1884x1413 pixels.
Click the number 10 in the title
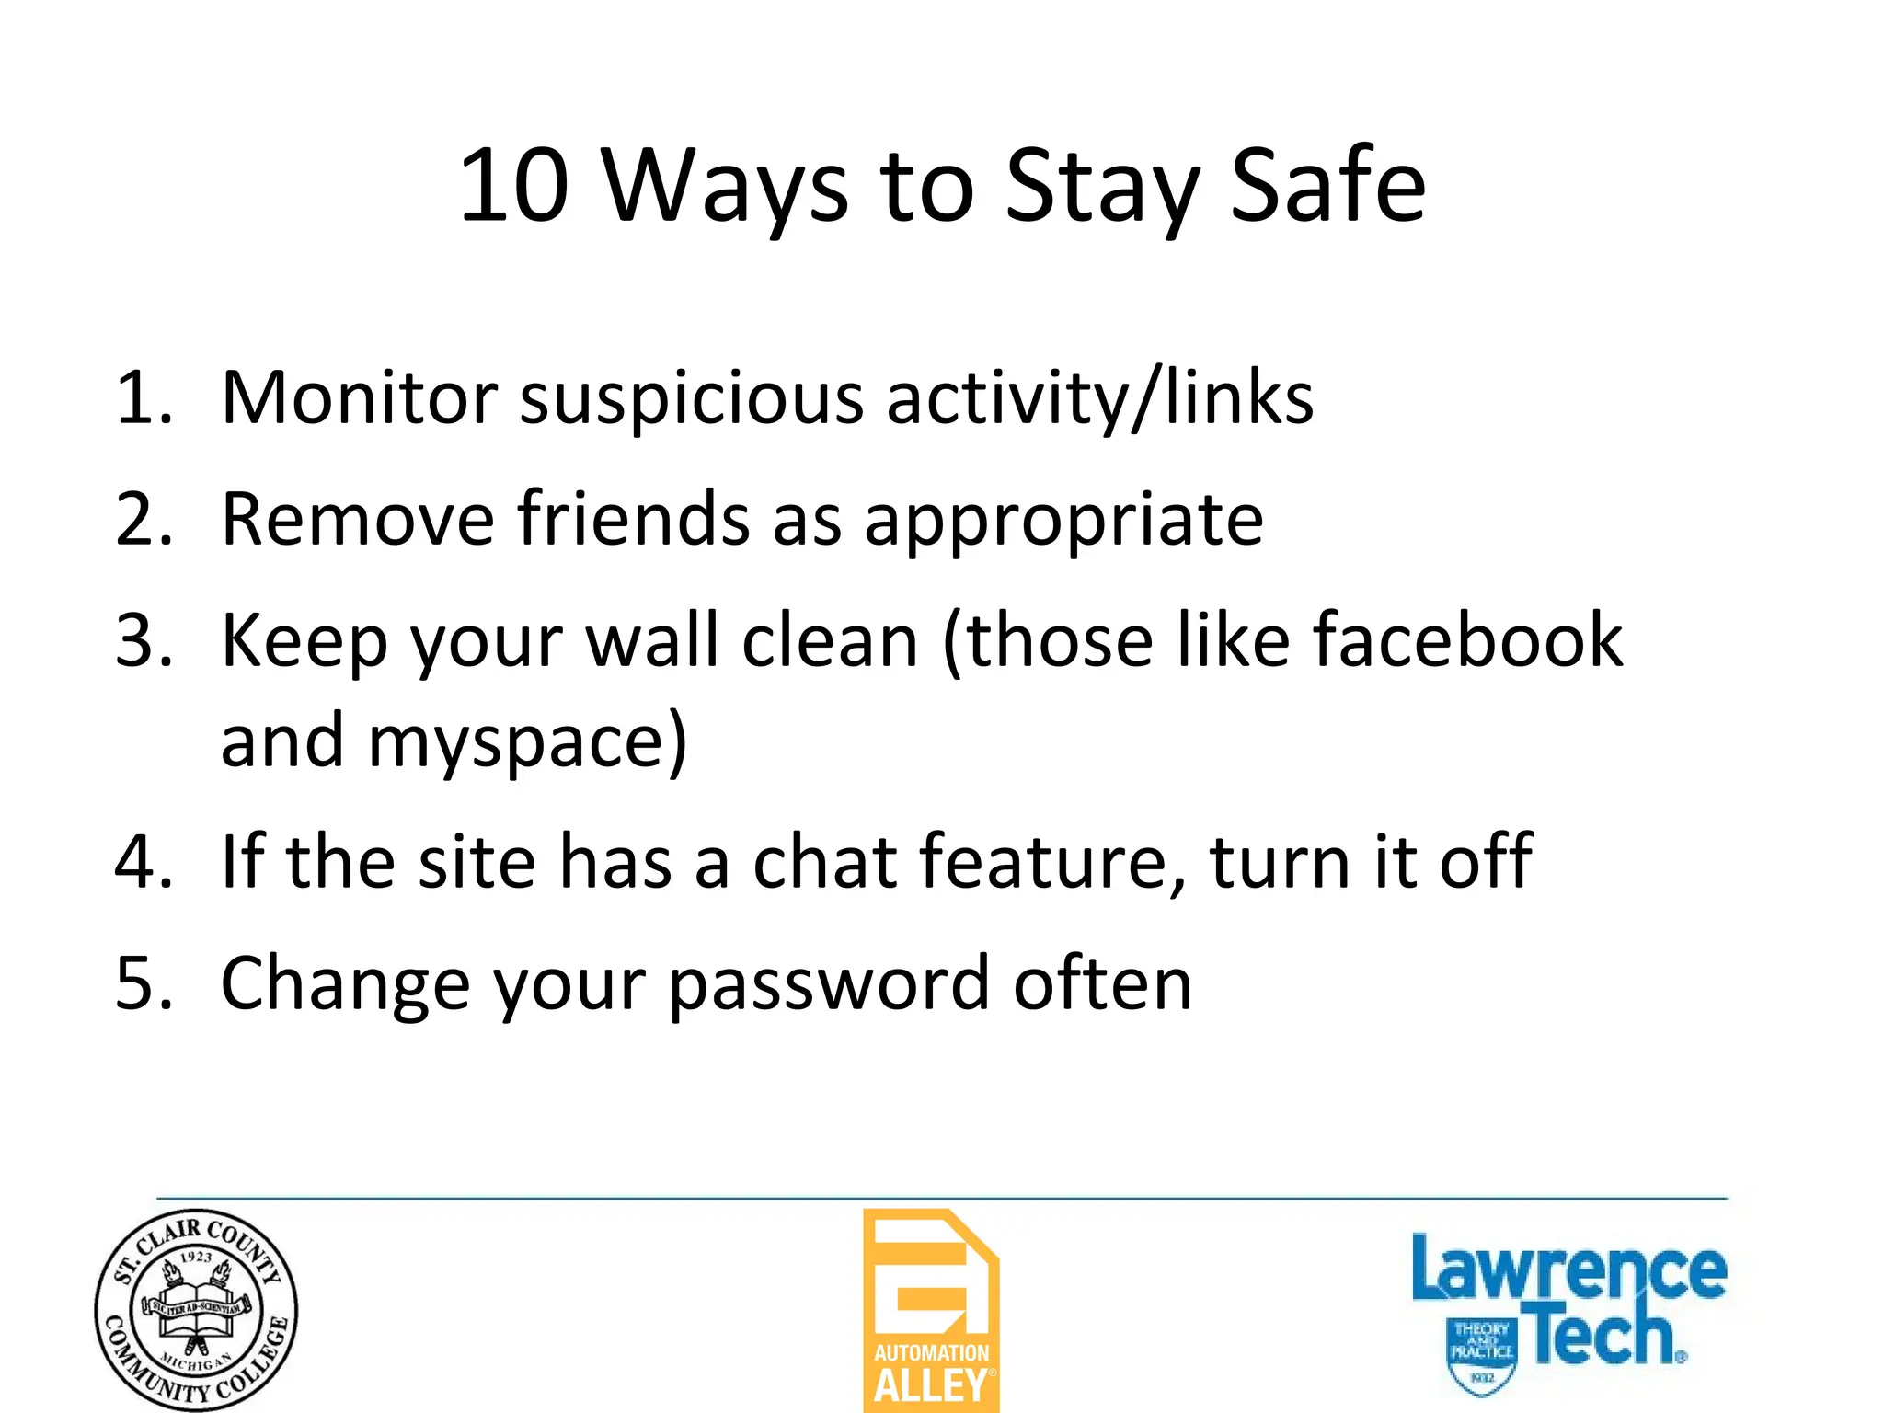[513, 186]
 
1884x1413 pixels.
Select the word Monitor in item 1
[359, 398]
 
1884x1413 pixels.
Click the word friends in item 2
[634, 520]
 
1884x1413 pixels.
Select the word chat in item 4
[824, 862]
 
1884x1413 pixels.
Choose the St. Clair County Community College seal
[196, 1310]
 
